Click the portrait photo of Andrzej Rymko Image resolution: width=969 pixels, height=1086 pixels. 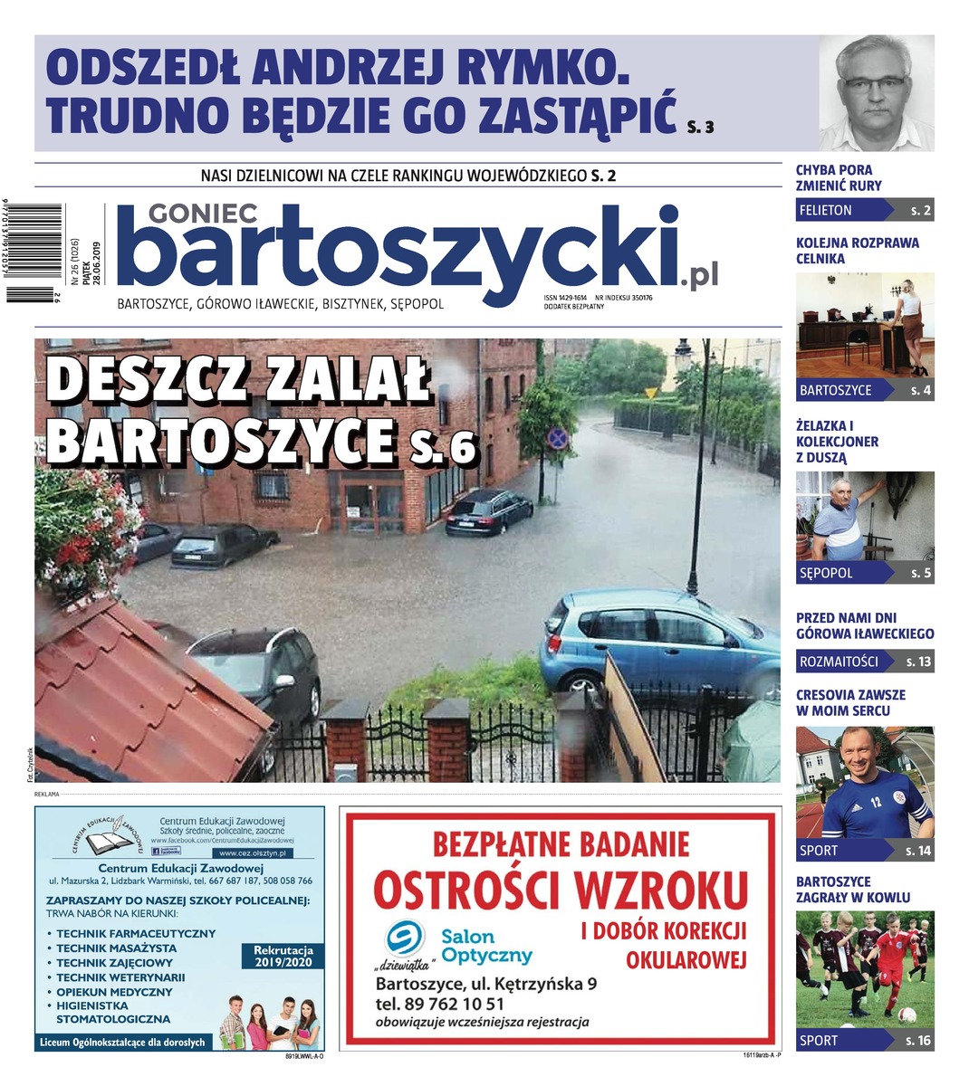coord(876,92)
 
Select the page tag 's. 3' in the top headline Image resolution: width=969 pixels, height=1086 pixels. coord(700,127)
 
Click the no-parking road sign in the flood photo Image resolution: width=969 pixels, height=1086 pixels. coord(557,440)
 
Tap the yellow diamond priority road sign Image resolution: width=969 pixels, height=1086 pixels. coord(649,394)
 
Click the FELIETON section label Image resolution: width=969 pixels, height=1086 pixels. coord(825,210)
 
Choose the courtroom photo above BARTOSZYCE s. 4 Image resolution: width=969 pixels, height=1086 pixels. coord(864,324)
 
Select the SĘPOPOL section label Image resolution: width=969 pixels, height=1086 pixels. coord(826,573)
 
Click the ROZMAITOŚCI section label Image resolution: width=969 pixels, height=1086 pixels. coord(839,662)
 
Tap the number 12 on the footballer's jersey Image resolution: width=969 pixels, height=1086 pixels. coord(875,802)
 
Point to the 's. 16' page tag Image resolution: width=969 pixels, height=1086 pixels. coord(917,1040)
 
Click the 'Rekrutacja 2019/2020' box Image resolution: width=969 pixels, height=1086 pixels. coord(283,957)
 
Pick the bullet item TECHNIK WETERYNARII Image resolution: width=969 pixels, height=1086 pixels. coord(120,977)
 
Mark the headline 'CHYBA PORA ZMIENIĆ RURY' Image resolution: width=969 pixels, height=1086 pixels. coord(839,177)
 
